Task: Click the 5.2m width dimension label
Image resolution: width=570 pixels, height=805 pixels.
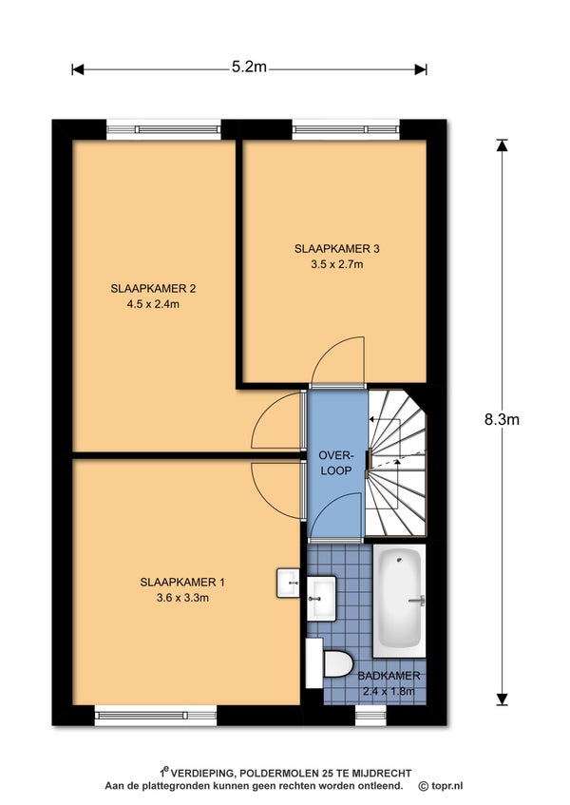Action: (249, 67)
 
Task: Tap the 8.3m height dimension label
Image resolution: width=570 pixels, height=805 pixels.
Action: (502, 419)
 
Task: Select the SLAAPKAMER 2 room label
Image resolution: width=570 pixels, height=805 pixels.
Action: (153, 289)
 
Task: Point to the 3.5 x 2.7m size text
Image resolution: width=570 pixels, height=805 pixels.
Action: (336, 264)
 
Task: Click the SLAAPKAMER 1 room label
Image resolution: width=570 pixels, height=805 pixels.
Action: (182, 583)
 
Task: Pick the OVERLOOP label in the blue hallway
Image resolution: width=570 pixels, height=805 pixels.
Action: (336, 463)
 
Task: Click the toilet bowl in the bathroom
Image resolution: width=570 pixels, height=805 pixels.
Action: (337, 663)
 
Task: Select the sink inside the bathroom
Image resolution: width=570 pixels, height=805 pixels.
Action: (322, 598)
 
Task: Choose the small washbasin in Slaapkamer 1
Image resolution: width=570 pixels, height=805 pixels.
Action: (288, 583)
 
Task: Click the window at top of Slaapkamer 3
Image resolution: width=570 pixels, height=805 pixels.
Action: (346, 129)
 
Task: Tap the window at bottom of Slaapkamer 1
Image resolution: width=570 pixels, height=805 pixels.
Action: (156, 715)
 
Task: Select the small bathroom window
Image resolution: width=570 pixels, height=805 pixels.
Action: (370, 715)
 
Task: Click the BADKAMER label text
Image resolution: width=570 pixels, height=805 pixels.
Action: (389, 676)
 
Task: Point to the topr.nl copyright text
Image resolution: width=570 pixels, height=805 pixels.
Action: (441, 786)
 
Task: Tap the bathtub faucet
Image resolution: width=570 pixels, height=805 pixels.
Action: (418, 600)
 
